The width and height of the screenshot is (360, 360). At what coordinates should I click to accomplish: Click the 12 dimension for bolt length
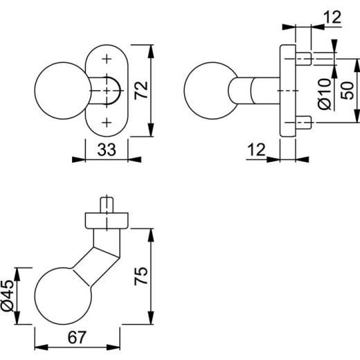[x=332, y=17]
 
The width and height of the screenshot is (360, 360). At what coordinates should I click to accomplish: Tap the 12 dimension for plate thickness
[x=256, y=148]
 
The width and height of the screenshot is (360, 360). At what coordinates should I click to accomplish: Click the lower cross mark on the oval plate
[x=106, y=123]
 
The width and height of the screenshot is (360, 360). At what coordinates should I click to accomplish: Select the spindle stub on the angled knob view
[x=106, y=206]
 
